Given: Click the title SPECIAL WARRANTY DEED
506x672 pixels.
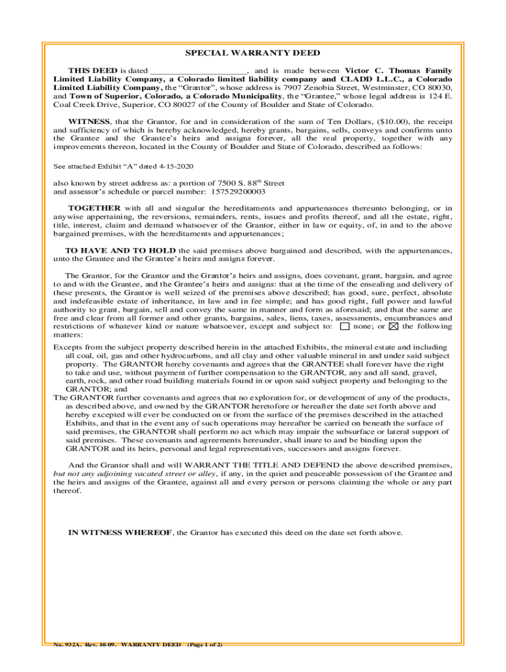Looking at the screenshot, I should point(252,53).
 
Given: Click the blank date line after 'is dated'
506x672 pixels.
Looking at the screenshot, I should point(198,71).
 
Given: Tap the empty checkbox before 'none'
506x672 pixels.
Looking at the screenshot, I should point(345,326).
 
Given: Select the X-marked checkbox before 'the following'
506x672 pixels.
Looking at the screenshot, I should point(394,326).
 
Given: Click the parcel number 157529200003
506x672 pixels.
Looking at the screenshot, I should point(237,192).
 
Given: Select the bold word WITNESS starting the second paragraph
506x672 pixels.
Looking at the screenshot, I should point(89,121).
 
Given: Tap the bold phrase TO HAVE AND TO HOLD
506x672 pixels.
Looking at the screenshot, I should point(120,251).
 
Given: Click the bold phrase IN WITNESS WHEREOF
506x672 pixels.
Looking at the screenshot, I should point(120,533).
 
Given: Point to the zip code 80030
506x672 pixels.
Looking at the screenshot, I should point(438,87).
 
